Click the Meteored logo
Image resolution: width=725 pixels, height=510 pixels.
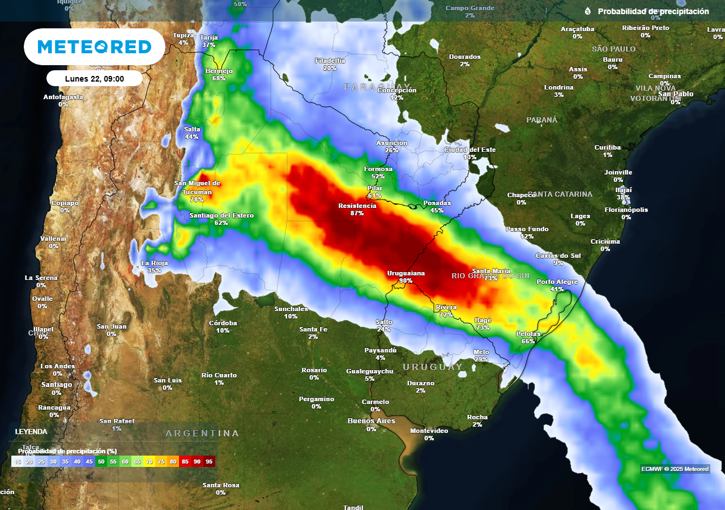(95, 46)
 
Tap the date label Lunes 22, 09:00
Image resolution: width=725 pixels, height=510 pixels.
(95, 79)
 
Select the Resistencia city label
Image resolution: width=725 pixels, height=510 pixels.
(357, 206)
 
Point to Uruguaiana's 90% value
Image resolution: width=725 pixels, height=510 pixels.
(406, 280)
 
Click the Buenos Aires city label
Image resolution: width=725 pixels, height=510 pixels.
(370, 421)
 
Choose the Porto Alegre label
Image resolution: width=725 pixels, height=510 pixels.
(557, 282)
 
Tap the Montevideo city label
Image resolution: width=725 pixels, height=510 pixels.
(429, 431)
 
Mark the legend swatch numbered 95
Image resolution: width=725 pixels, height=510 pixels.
(210, 462)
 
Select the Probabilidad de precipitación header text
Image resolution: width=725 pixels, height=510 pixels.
(653, 11)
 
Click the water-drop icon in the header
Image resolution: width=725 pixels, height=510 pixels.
(587, 11)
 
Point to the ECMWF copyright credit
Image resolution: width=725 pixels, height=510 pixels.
(675, 469)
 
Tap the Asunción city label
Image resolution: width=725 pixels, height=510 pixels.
(391, 143)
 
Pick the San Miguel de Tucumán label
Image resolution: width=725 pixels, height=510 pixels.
(197, 187)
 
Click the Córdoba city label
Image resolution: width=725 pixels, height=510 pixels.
(223, 323)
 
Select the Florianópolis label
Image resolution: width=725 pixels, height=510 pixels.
(626, 210)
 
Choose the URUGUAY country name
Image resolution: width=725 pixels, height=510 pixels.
(433, 367)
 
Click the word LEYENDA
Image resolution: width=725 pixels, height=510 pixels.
(31, 432)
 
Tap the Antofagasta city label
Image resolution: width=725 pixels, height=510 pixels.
(63, 97)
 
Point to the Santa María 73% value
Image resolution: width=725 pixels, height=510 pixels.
(491, 278)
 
